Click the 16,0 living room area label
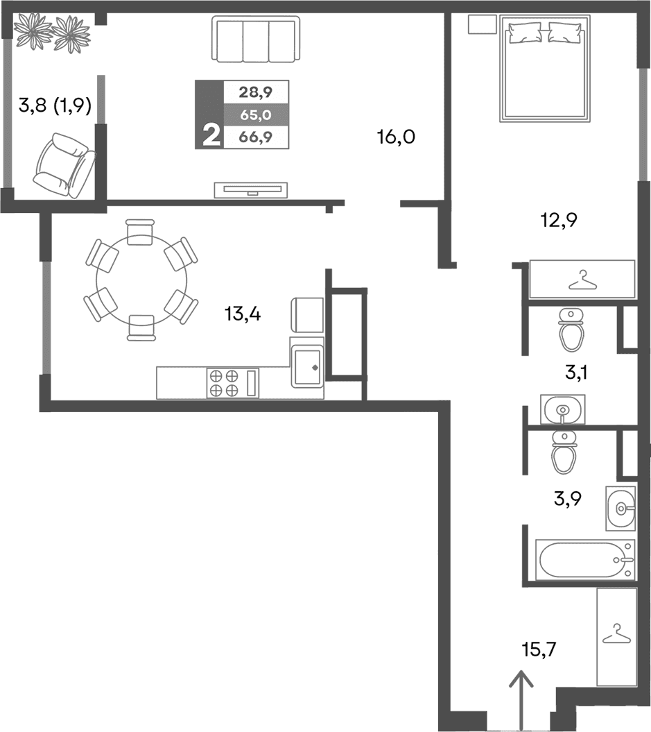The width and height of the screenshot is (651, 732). (396, 137)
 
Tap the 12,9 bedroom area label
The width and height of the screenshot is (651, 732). (559, 221)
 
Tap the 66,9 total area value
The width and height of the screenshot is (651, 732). (255, 137)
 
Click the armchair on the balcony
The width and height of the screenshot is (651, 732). (64, 165)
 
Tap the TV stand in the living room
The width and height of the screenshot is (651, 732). (250, 189)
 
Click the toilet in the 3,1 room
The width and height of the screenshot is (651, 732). (571, 330)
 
